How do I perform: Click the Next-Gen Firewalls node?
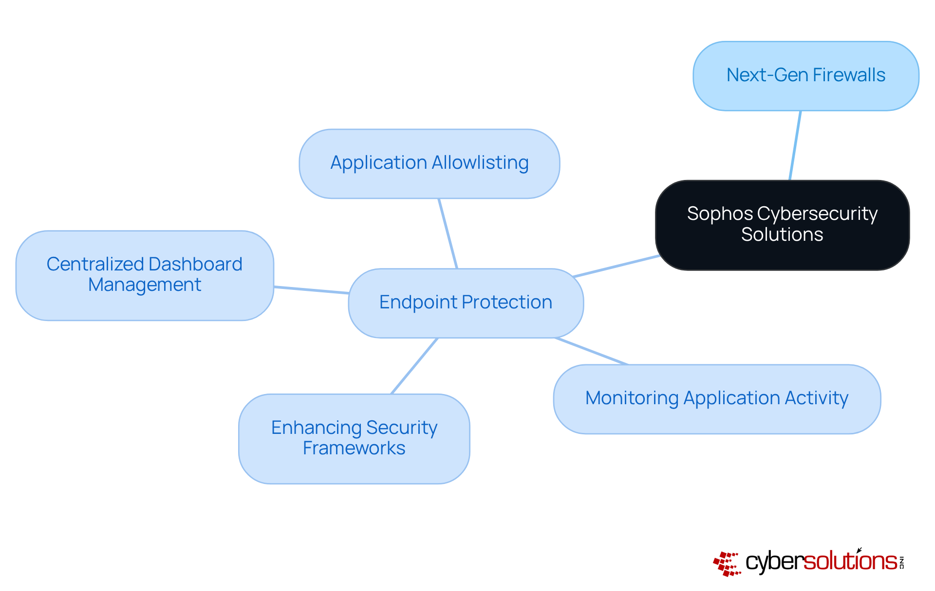pos(805,76)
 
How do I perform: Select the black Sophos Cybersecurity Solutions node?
pos(782,225)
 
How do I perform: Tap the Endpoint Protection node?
pos(466,303)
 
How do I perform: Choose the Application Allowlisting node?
pos(429,163)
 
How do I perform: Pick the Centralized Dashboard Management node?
pos(145,275)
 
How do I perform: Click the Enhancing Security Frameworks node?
pos(354,438)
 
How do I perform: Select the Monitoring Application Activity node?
pos(717,399)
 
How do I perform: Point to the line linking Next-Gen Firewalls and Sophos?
pos(795,145)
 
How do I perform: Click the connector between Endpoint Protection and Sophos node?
pos(617,266)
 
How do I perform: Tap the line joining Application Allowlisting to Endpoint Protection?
pos(448,233)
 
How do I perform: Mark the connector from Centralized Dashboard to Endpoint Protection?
pos(311,290)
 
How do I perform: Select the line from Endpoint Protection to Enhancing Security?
pos(414,366)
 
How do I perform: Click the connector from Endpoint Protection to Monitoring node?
pos(591,351)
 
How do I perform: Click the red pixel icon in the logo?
pos(727,564)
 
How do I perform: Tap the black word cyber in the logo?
pos(774,562)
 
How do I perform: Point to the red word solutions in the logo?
pos(850,561)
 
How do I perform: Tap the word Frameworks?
pos(354,448)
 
